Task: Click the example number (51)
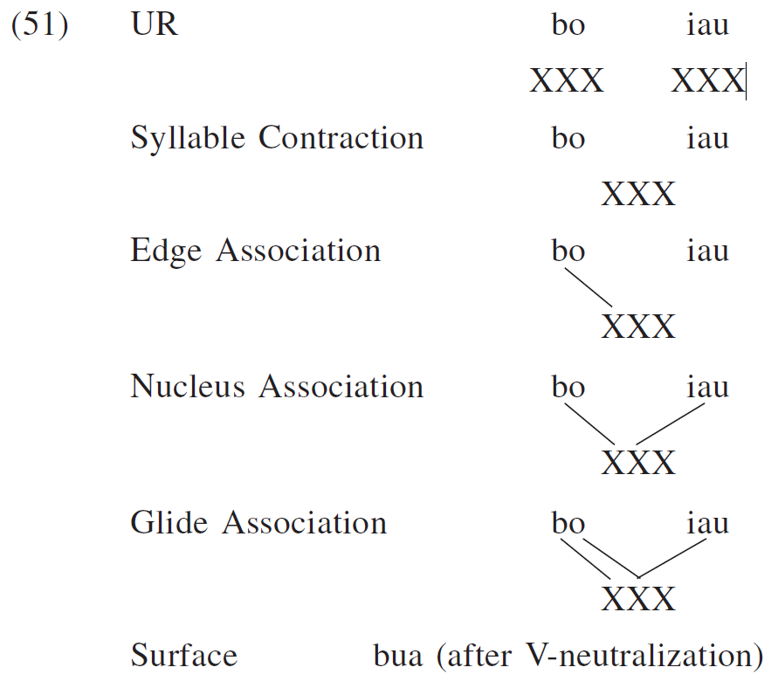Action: coord(39,25)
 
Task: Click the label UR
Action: coord(155,25)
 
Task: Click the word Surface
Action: coord(183,655)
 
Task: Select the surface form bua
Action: coord(397,655)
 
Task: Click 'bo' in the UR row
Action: coord(568,26)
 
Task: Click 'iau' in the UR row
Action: coord(707,26)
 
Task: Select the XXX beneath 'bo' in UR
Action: coord(567,82)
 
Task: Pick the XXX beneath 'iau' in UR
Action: coord(707,82)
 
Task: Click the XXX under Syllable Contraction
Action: coord(638,195)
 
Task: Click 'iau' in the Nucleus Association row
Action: coord(707,387)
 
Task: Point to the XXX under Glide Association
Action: coord(638,600)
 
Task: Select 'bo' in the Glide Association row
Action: coord(568,524)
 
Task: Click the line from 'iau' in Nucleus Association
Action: coord(671,424)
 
